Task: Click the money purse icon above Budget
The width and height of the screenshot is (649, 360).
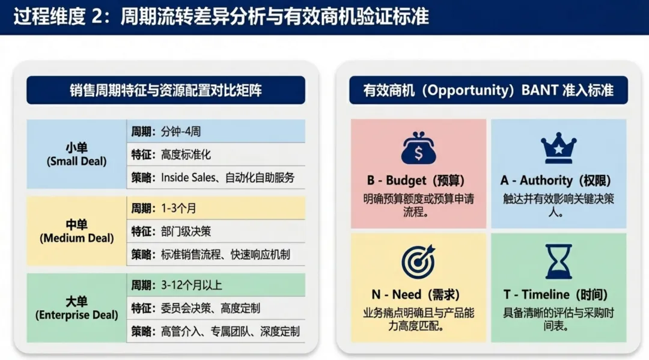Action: [x=419, y=148]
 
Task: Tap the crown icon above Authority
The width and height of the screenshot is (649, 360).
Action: [x=558, y=148]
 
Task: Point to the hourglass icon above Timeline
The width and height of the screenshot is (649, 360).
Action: [x=558, y=261]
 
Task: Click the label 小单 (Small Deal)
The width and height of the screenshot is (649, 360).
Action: [x=76, y=154]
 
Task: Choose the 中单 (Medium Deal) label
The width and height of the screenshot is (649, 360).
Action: [x=76, y=231]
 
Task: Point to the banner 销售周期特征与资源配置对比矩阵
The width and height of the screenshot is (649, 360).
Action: [x=165, y=90]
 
